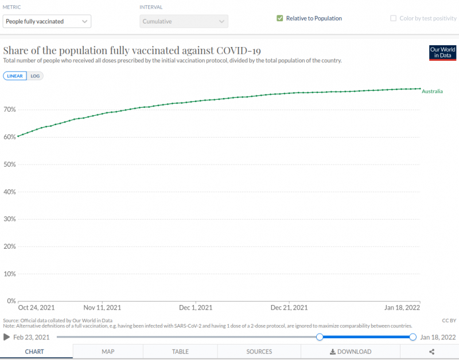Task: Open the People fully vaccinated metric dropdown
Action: [47, 21]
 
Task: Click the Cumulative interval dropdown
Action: [184, 21]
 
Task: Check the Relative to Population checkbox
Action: [280, 18]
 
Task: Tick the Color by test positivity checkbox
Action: [393, 18]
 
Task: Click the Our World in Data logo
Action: [442, 53]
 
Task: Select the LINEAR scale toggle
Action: [15, 76]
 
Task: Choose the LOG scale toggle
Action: [35, 76]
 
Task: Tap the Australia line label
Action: [432, 91]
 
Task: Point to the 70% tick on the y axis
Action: [10, 109]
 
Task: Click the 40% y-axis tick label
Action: [10, 191]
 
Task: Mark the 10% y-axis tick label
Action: [10, 273]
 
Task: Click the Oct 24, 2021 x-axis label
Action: [36, 307]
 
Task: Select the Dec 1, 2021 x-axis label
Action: [196, 307]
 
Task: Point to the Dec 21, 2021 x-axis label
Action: [290, 307]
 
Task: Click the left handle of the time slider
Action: [320, 337]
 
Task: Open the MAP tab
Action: [108, 351]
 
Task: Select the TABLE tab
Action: [181, 351]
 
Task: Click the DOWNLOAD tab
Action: [351, 351]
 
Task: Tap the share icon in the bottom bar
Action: [431, 351]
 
